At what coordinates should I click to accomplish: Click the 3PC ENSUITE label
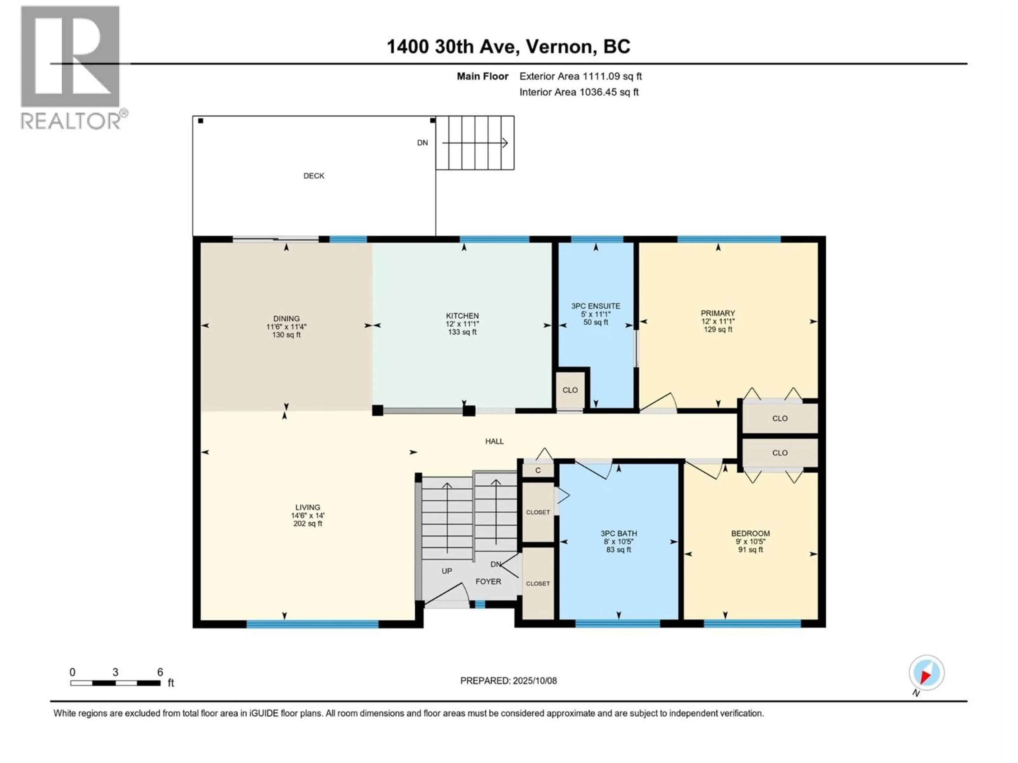(x=595, y=306)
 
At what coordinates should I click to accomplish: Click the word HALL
(x=494, y=441)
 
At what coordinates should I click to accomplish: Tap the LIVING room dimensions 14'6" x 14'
(x=308, y=516)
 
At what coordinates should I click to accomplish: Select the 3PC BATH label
(x=618, y=534)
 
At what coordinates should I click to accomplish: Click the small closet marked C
(x=538, y=471)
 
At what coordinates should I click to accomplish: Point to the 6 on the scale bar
(x=160, y=672)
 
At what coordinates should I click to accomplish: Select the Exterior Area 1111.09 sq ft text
(x=580, y=76)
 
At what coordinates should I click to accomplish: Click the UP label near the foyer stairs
(x=446, y=571)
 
